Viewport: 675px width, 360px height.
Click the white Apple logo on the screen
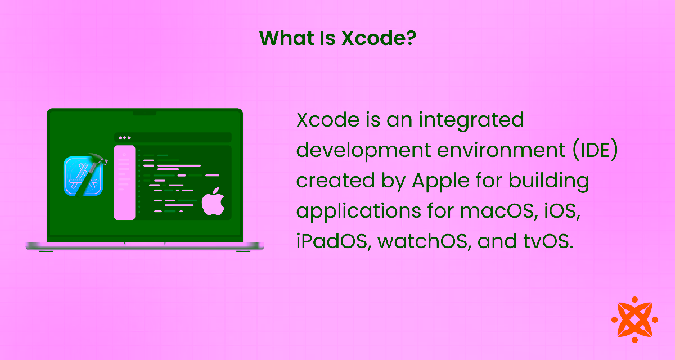[x=213, y=202]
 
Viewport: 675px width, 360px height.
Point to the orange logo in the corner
[x=634, y=319]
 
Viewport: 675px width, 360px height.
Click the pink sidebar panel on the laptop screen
[x=125, y=182]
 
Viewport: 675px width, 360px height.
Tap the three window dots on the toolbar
[x=124, y=137]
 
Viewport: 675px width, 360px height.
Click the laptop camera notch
[x=145, y=112]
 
